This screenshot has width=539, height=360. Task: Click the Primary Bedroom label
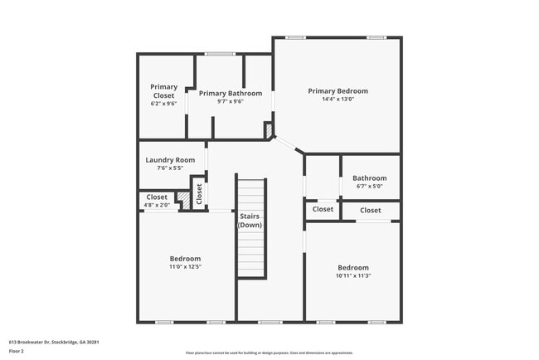pyautogui.click(x=337, y=91)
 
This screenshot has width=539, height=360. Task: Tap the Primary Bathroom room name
pyautogui.click(x=231, y=94)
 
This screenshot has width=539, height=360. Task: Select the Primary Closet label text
pyautogui.click(x=163, y=90)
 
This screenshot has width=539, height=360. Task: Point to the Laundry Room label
pyautogui.click(x=170, y=160)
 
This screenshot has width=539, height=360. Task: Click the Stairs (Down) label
pyautogui.click(x=250, y=221)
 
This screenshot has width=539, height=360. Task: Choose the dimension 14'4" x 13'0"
pyautogui.click(x=337, y=99)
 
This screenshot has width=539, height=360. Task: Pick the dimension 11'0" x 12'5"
pyautogui.click(x=185, y=266)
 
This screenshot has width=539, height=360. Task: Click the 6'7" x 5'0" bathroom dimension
pyautogui.click(x=369, y=186)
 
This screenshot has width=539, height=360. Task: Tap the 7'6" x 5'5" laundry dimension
pyautogui.click(x=170, y=168)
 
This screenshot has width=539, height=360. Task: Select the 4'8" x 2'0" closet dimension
pyautogui.click(x=157, y=204)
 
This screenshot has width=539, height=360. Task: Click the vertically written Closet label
pyautogui.click(x=199, y=193)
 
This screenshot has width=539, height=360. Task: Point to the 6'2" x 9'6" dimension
pyautogui.click(x=163, y=104)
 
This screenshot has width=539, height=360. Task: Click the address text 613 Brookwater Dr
pyautogui.click(x=55, y=341)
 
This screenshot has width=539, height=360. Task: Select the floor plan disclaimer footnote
pyautogui.click(x=269, y=352)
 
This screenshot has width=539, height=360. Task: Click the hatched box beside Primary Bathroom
pyautogui.click(x=268, y=130)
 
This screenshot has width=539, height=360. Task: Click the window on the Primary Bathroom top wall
pyautogui.click(x=220, y=55)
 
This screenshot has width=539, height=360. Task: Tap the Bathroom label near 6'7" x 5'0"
pyautogui.click(x=369, y=178)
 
